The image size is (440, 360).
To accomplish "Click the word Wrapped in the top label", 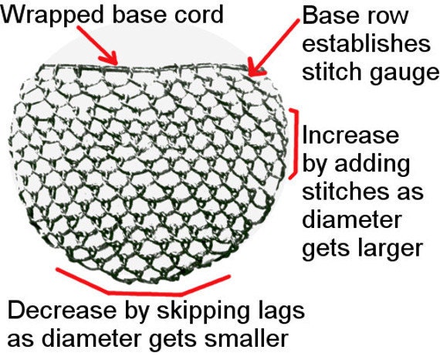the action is point(52,15).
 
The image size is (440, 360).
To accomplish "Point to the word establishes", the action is point(366,43).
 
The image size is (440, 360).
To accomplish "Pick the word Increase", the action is point(350,135).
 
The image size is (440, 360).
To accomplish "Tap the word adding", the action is point(372,164).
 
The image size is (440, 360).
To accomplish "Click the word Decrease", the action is point(62,311).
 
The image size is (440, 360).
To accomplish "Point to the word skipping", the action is point(202,311).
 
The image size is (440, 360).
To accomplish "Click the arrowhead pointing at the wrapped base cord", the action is point(110,59).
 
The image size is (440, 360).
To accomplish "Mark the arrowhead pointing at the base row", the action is point(256,68).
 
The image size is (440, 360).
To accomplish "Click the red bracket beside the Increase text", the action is point(295,143).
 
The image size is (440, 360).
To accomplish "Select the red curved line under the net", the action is point(143,294).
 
